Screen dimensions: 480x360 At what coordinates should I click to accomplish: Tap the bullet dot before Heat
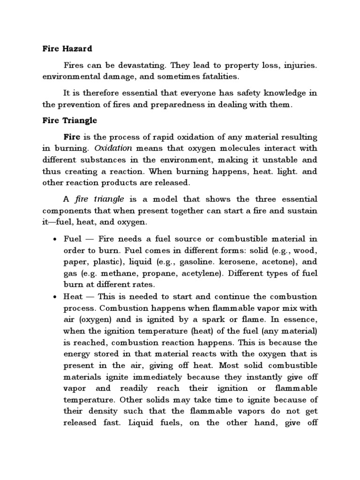pyautogui.click(x=54, y=297)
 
